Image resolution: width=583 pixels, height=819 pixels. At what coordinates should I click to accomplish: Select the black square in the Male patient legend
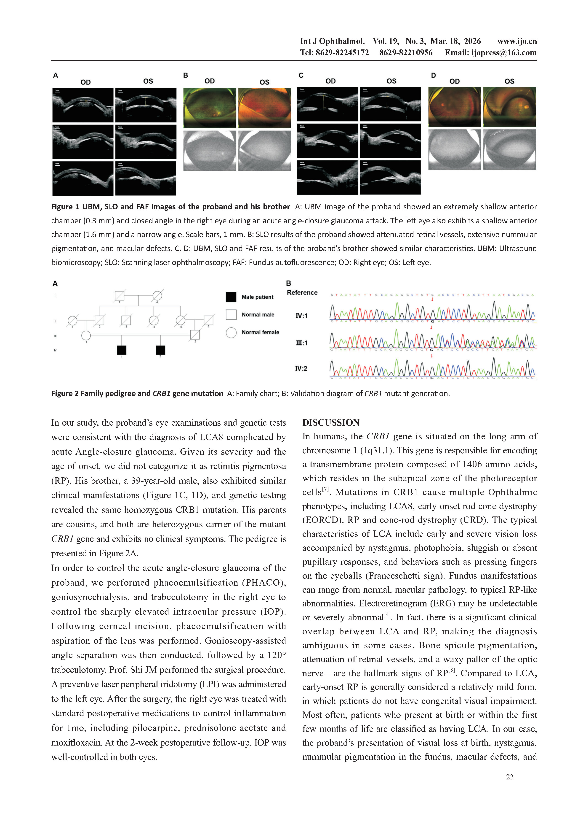click(231, 297)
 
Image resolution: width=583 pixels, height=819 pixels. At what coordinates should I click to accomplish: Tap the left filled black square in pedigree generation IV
click(122, 350)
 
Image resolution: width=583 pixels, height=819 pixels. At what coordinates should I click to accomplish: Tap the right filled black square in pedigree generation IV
click(160, 350)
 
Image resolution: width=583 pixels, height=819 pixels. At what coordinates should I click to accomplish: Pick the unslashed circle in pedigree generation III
click(86, 335)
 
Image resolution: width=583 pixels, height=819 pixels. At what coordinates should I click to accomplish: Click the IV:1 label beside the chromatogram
click(301, 316)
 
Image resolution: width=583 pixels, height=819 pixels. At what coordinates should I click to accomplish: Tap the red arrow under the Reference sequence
click(432, 299)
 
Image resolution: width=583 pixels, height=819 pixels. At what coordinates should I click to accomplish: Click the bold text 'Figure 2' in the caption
click(65, 394)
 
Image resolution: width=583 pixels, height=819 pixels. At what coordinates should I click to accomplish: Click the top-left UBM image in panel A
click(83, 105)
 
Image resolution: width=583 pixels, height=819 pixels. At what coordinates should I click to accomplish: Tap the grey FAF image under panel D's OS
click(509, 149)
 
